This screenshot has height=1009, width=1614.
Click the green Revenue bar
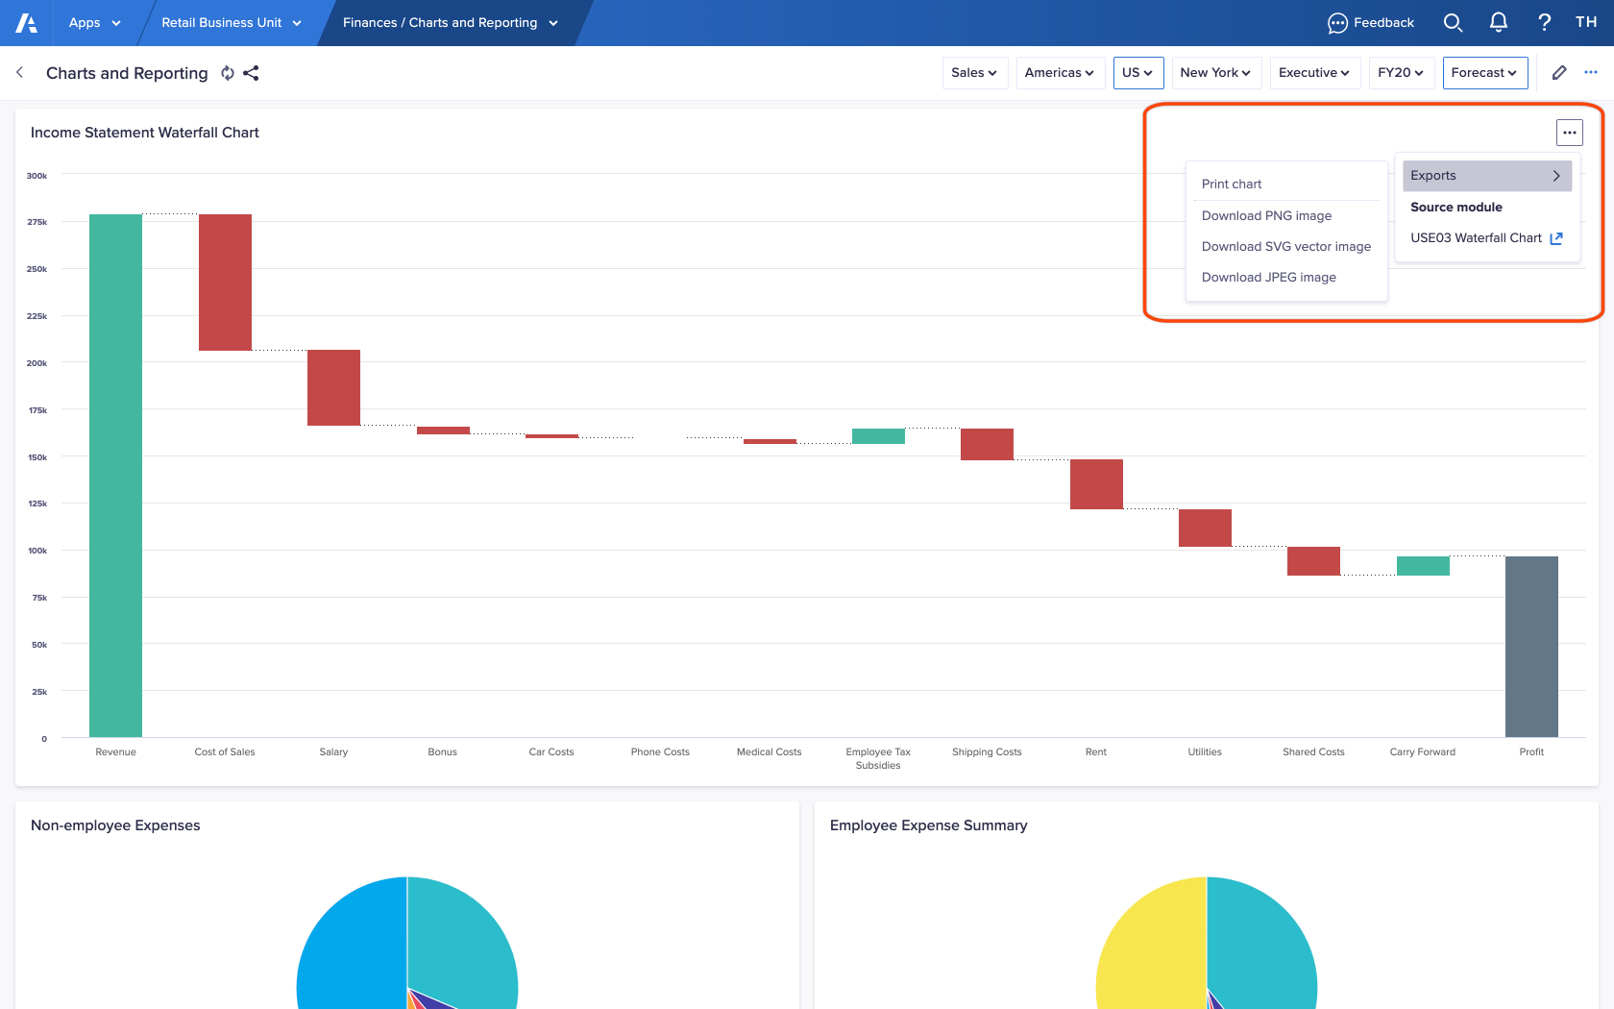(x=115, y=476)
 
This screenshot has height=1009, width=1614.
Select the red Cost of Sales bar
(x=225, y=283)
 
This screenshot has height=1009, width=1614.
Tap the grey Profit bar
(x=1531, y=646)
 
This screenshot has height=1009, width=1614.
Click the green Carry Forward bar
(x=1423, y=566)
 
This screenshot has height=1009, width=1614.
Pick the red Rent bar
(x=1096, y=484)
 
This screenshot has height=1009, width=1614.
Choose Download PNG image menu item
(x=1266, y=216)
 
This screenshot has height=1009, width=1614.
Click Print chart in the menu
(x=1232, y=185)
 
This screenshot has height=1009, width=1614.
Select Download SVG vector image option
(x=1285, y=247)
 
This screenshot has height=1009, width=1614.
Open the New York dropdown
(x=1215, y=73)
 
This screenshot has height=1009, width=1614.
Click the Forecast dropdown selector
(x=1484, y=73)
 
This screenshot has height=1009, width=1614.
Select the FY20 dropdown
(x=1400, y=73)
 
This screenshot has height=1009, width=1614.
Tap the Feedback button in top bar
(x=1371, y=23)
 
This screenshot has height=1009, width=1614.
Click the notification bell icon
(x=1498, y=22)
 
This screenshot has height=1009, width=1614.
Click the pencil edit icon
(x=1559, y=73)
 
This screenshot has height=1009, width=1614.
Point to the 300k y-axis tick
(x=37, y=176)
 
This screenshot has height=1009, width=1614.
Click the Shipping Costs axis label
(x=987, y=752)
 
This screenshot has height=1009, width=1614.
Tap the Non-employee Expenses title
(x=115, y=825)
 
